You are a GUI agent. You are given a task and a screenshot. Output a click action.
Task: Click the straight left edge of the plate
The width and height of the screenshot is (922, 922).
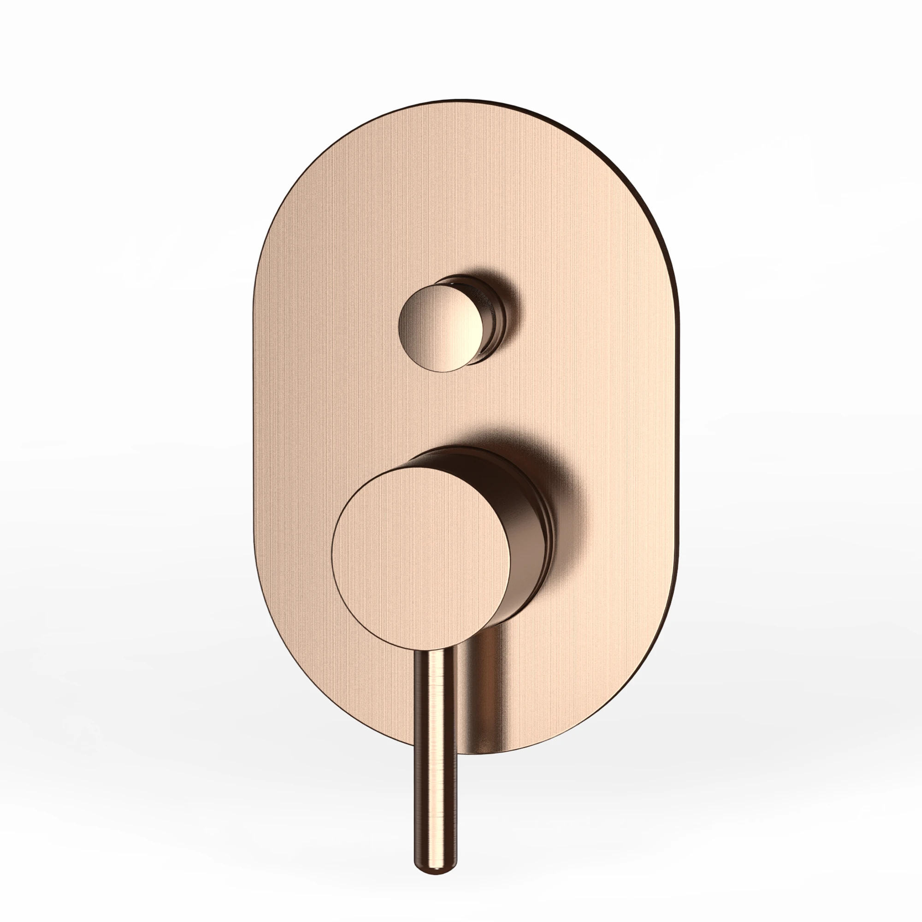pyautogui.click(x=254, y=430)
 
